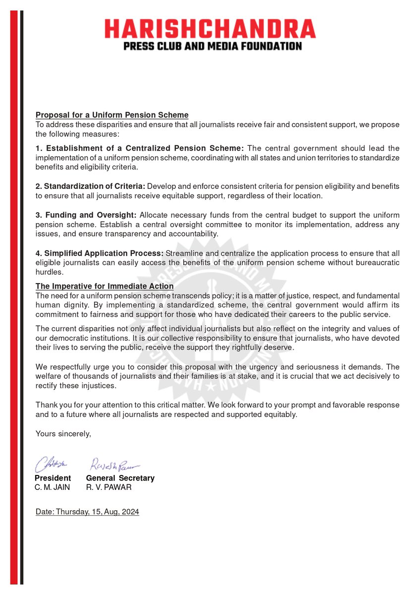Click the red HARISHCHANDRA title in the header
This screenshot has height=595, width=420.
[210, 29]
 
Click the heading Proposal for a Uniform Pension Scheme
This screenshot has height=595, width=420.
[112, 115]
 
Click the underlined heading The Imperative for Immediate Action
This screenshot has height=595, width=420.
[105, 286]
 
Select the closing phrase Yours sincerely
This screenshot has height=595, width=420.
[63, 433]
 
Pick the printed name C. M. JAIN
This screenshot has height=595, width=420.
[52, 487]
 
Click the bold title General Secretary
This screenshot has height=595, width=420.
[120, 478]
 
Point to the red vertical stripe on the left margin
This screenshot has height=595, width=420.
[14, 297]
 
